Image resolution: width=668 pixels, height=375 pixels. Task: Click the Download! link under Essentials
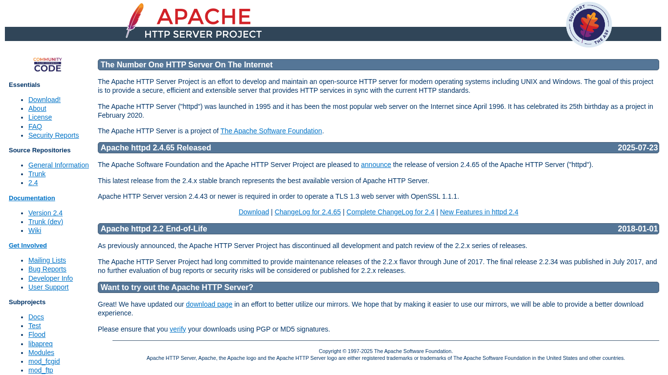pos(45,100)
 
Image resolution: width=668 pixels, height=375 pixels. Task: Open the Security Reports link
pos(53,135)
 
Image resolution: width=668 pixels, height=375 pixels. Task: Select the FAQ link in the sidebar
pos(35,126)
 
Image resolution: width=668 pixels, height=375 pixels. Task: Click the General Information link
pos(59,165)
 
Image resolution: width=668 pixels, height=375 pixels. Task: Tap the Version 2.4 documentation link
pos(45,213)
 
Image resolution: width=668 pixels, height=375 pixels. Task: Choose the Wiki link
pos(35,230)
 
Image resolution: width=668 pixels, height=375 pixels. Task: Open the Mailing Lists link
pos(47,260)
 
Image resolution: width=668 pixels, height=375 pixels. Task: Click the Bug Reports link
pos(47,269)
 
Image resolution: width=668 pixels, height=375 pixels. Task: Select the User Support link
pos(48,287)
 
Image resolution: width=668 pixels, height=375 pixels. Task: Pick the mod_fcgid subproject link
pos(44,361)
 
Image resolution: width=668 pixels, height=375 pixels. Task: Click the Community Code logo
pos(47,64)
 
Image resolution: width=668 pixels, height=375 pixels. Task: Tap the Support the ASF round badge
pos(589,24)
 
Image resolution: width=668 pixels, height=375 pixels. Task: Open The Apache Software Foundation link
pos(271,131)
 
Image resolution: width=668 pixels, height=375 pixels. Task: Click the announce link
pos(376,165)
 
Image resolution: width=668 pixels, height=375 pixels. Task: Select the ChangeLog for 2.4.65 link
pos(308,212)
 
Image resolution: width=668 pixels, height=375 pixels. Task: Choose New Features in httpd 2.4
pos(479,212)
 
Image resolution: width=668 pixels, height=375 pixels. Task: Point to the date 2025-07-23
pos(638,147)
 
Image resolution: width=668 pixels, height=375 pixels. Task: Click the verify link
pos(178,329)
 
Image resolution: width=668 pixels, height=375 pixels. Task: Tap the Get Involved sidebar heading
pos(28,246)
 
